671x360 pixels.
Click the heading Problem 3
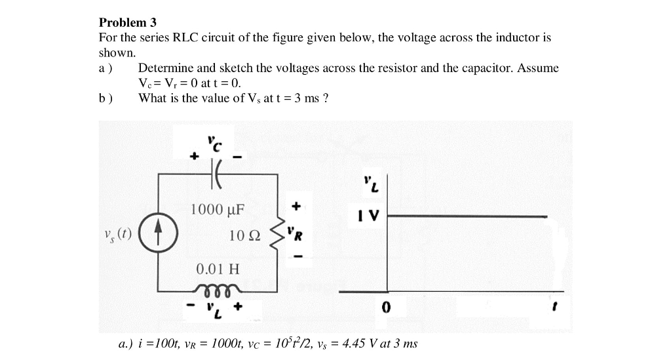[x=128, y=22]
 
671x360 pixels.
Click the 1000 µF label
[x=217, y=210]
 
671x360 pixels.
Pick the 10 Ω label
[x=245, y=235]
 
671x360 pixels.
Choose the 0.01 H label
[x=218, y=268]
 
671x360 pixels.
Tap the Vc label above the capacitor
[x=214, y=140]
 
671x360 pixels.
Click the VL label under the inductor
[x=214, y=308]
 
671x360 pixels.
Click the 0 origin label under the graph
[x=386, y=307]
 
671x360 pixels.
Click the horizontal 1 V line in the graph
[x=465, y=216]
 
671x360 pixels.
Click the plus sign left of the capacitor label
[x=193, y=156]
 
